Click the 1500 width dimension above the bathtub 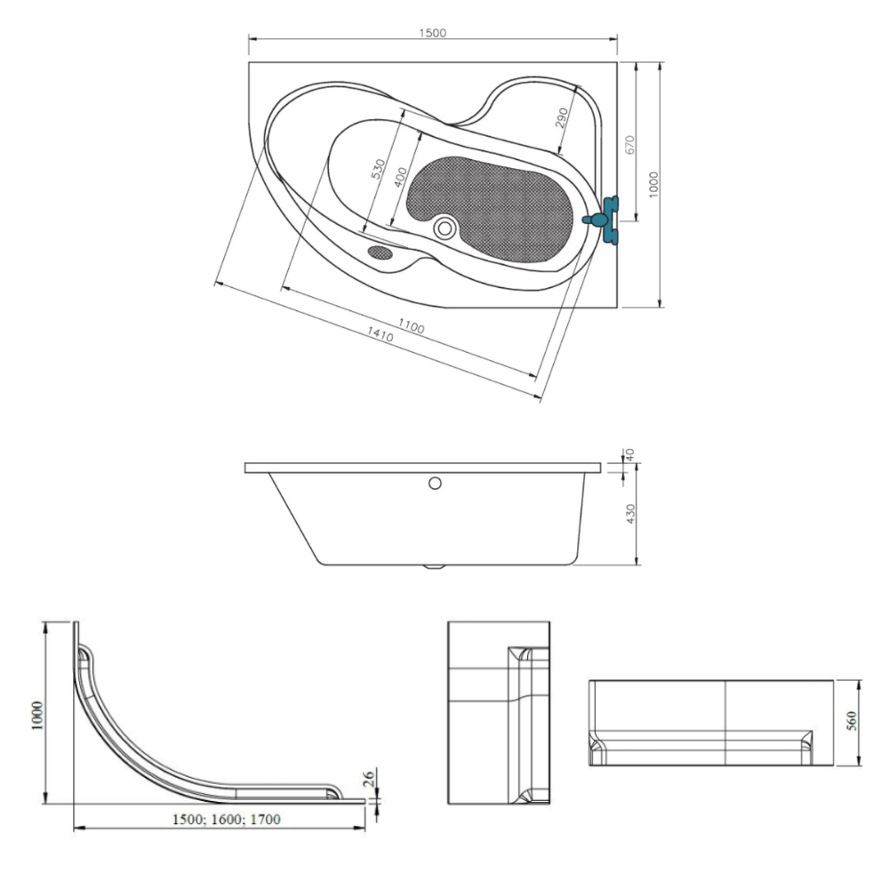[433, 33]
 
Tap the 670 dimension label [630, 145]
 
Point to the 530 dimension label [378, 170]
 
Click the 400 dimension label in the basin [400, 178]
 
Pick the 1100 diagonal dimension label [411, 326]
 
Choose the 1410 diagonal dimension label [380, 334]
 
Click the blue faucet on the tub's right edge [605, 220]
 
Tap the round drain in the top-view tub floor [444, 228]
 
